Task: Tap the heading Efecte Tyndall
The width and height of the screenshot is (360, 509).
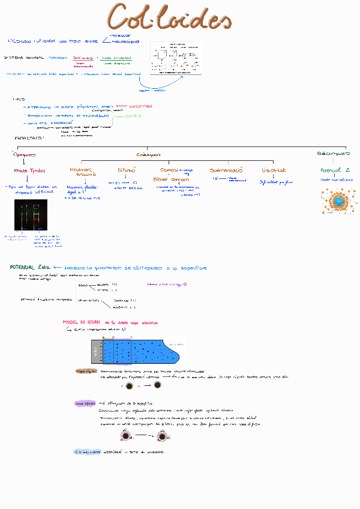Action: tap(29, 170)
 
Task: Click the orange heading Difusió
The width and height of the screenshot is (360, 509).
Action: tap(127, 170)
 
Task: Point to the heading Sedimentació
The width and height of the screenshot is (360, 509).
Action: tap(226, 170)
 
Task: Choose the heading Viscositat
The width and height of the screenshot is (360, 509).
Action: tap(274, 170)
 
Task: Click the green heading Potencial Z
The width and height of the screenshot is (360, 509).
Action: tap(335, 170)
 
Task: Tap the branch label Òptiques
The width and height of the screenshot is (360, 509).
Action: tap(25, 154)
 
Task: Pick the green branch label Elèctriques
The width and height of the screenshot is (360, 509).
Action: tap(334, 154)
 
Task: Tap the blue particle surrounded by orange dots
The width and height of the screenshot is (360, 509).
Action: tap(338, 201)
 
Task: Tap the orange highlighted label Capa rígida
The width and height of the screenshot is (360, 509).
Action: tap(86, 371)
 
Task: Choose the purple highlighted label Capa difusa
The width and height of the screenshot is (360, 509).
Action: tap(85, 403)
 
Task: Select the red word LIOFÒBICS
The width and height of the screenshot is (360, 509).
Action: tap(141, 106)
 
